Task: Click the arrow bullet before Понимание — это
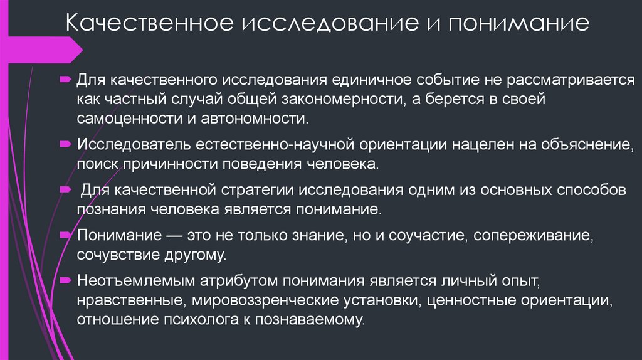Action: point(65,235)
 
